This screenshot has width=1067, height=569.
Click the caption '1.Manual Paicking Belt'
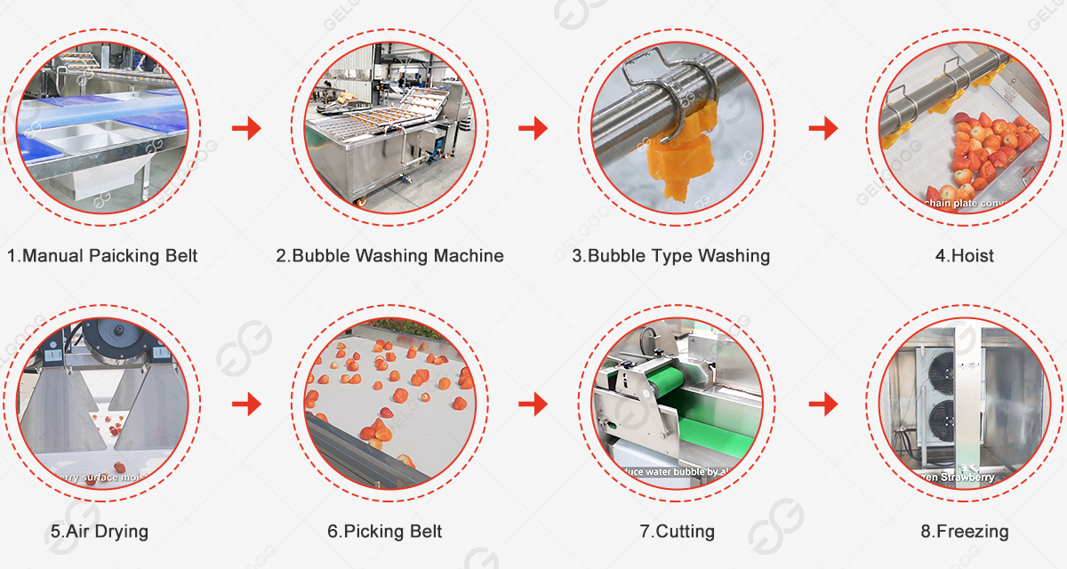coord(102,256)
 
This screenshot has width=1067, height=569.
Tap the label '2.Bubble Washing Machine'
coord(389,256)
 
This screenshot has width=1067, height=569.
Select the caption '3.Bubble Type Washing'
coord(670,256)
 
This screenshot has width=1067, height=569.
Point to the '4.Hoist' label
coord(964,256)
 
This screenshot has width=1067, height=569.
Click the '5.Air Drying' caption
coord(99,532)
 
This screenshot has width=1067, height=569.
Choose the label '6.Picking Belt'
coord(384,532)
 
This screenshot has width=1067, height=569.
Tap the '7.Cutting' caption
coord(677,532)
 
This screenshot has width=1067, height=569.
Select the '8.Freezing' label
coord(964,532)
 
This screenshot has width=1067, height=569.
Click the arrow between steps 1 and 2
coord(246,129)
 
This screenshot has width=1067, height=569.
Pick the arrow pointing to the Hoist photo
coord(823,129)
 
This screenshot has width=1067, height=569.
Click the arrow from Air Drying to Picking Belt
coord(246,405)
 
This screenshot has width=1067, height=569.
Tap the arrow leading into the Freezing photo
coord(823,405)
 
